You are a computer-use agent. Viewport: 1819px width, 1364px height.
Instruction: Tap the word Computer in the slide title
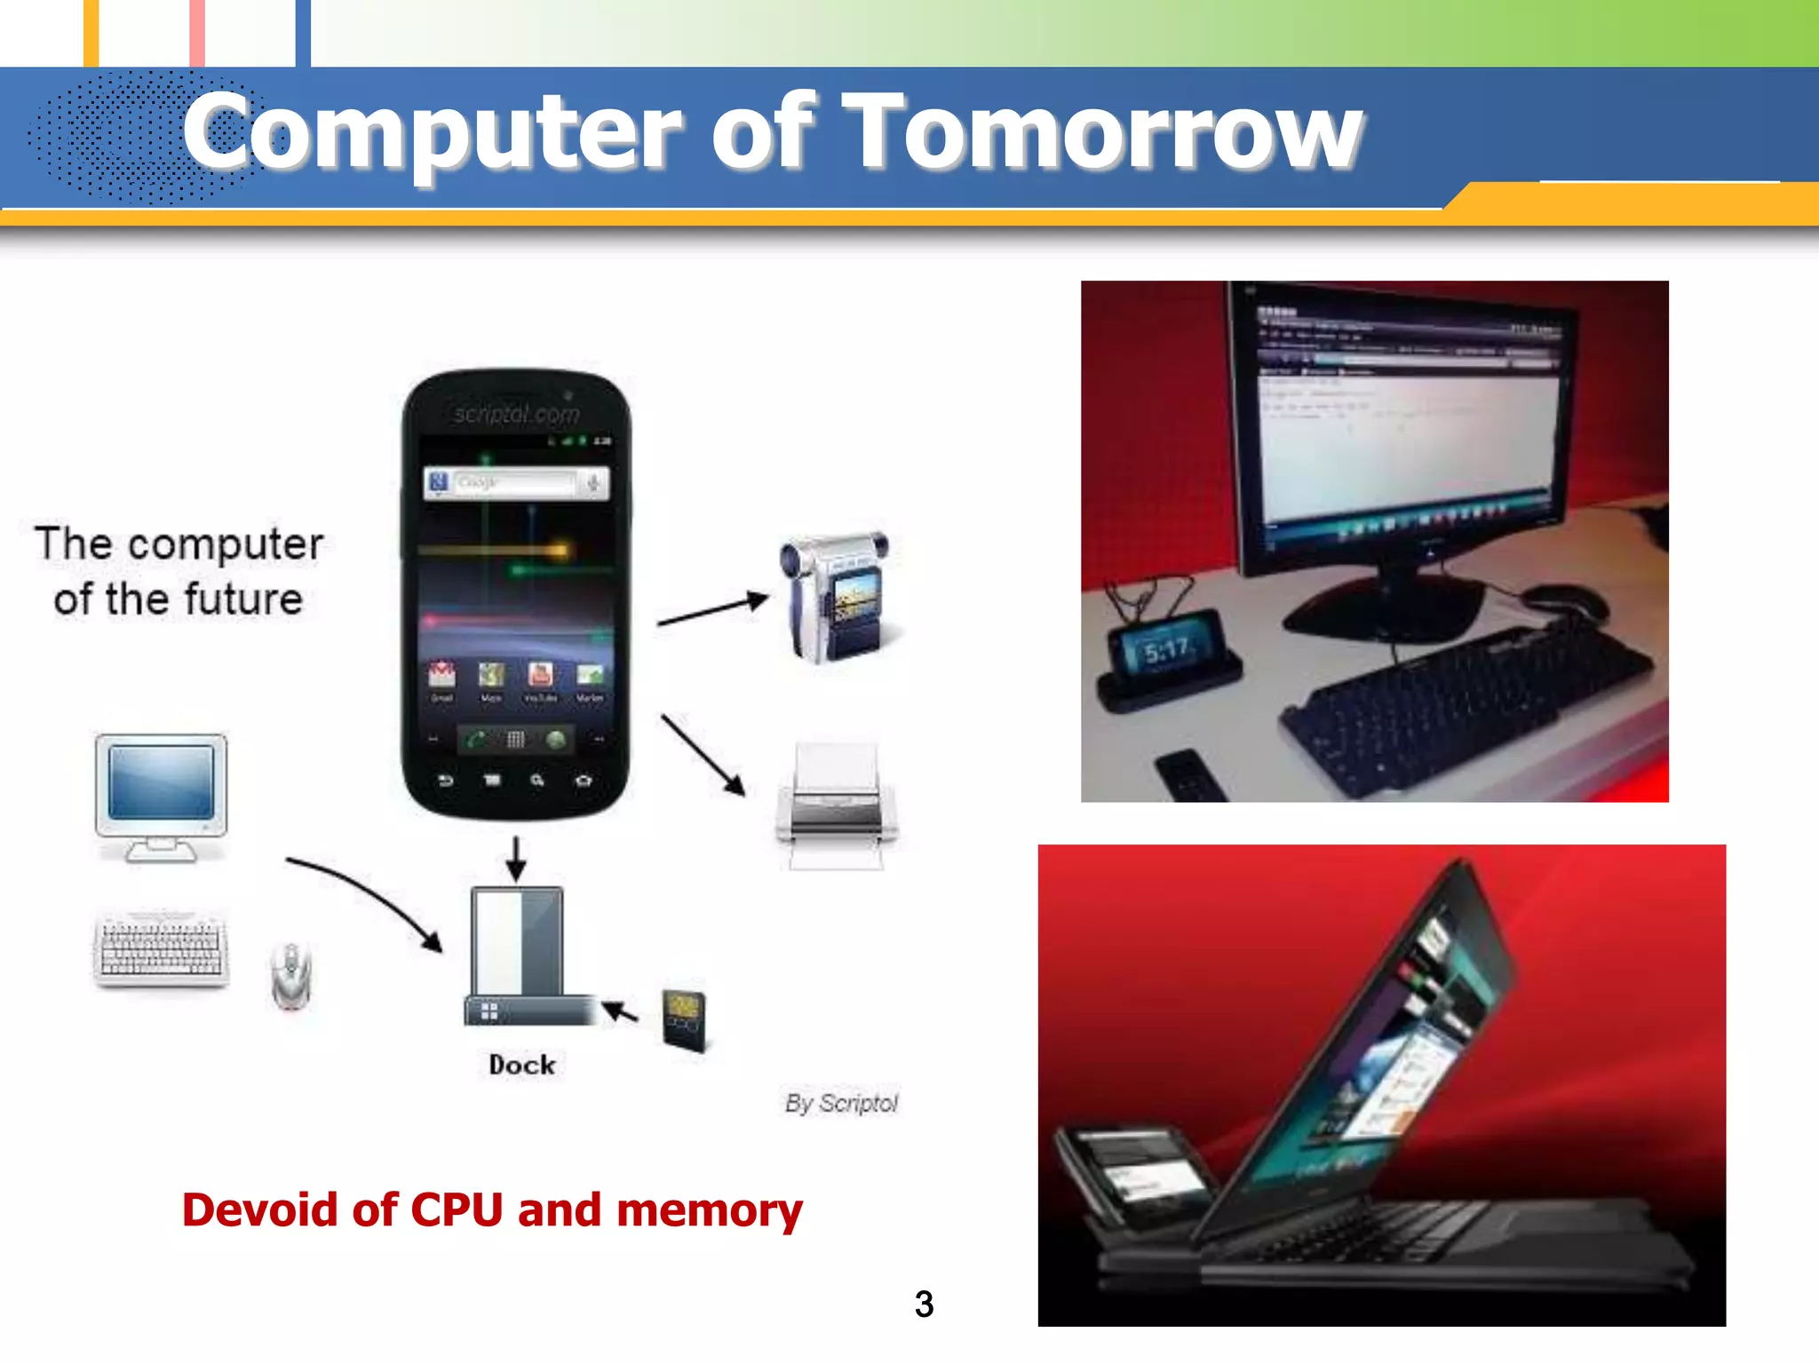432,133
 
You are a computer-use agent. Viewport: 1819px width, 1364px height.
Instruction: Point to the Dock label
522,1065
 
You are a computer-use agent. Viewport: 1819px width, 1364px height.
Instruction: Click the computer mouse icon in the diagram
291,977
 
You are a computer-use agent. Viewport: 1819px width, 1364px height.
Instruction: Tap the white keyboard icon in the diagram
161,948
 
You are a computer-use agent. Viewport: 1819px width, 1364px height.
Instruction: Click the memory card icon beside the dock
685,1019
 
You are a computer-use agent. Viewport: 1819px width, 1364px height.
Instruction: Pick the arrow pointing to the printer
703,754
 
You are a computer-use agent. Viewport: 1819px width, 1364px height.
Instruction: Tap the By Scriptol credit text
841,1103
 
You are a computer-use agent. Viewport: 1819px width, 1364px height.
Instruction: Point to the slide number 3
924,1304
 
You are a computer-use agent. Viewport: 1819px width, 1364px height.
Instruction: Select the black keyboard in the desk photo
1466,702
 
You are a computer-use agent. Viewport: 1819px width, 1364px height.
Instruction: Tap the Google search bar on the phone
516,483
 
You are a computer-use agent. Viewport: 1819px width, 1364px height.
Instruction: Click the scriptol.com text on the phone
516,414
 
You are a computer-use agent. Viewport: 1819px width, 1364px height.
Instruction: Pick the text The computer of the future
179,571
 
